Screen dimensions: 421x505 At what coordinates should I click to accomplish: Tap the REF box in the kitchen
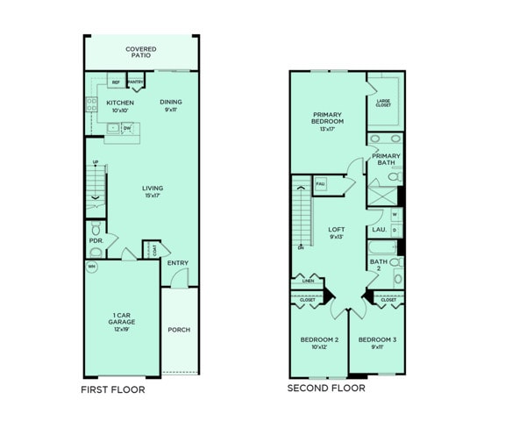(115, 82)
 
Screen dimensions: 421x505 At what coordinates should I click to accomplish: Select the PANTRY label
(135, 82)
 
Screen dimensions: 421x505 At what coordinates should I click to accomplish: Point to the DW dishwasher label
(127, 128)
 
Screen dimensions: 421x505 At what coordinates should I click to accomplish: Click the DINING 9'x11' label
(171, 106)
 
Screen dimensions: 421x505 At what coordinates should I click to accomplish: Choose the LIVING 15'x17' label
(153, 191)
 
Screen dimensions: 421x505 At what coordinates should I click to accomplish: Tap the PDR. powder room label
(96, 239)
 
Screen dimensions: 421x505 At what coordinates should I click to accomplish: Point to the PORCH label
(179, 330)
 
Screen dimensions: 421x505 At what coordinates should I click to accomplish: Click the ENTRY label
(177, 262)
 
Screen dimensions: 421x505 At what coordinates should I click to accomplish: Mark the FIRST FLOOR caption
(113, 389)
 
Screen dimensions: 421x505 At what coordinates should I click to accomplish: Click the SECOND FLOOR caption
(327, 388)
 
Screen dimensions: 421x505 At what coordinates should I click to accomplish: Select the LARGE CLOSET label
(383, 103)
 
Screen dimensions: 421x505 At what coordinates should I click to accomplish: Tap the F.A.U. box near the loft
(321, 183)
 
